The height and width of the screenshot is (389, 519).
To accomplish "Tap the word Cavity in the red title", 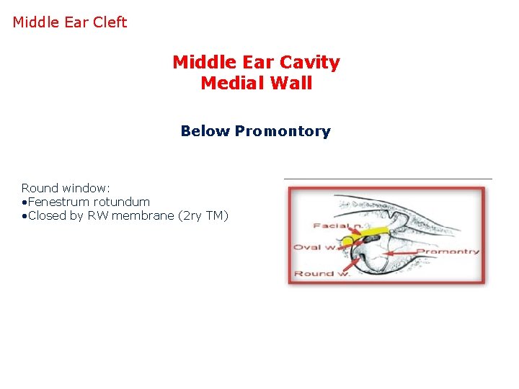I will click(310, 63).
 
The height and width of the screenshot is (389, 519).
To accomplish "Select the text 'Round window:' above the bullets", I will click(66, 188).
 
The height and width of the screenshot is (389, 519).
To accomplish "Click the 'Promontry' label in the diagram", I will click(448, 251).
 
